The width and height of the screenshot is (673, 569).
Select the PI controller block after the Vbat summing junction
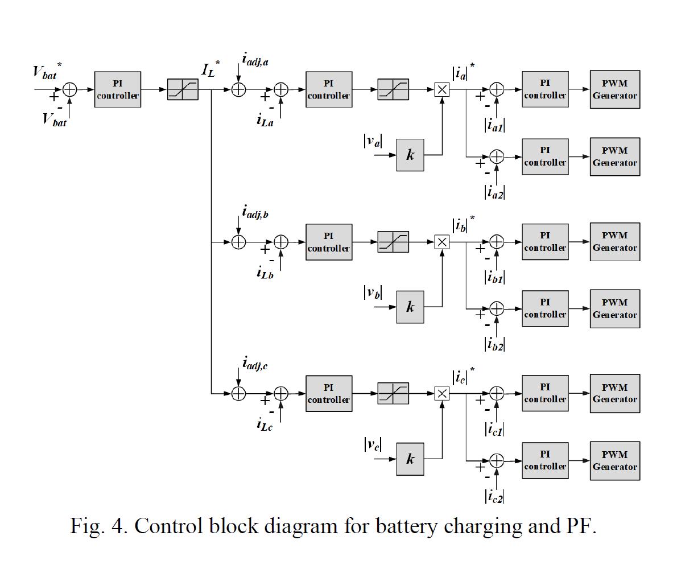(x=117, y=90)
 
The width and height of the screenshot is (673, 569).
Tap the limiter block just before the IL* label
(x=183, y=90)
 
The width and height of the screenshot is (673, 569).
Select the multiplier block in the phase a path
(x=442, y=89)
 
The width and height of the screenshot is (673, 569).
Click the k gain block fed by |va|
(x=410, y=155)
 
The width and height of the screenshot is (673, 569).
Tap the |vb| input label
(x=373, y=292)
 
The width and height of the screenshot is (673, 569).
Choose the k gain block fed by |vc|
(x=410, y=459)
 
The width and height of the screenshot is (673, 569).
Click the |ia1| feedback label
(x=494, y=125)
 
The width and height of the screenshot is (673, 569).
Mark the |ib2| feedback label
(x=494, y=344)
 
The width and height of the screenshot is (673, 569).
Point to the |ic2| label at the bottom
(x=494, y=496)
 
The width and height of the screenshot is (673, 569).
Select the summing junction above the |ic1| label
(x=497, y=394)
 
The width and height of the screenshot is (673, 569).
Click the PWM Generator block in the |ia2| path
(x=614, y=156)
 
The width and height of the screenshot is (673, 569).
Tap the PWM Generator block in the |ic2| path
(x=614, y=460)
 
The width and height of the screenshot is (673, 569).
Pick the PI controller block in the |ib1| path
(x=545, y=242)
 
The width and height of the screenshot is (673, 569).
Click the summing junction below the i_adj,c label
(x=238, y=394)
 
